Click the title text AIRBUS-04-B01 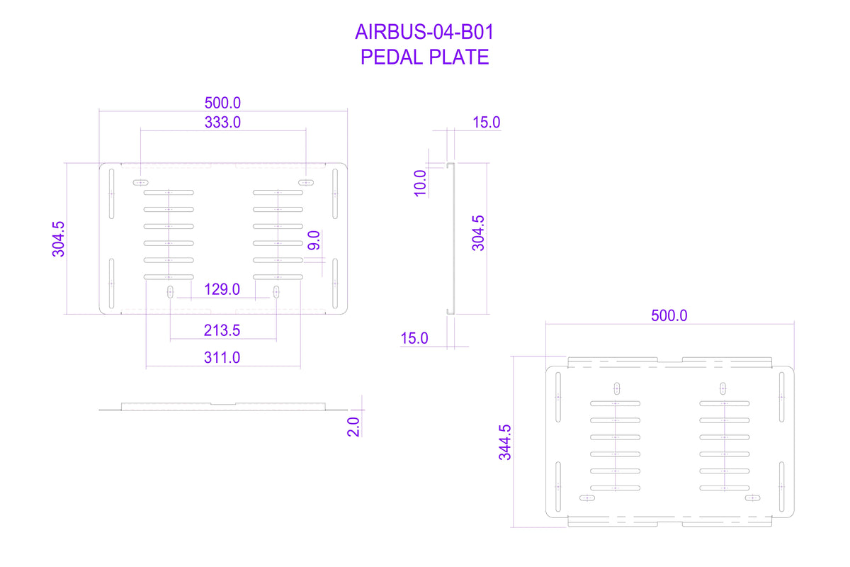[424, 32]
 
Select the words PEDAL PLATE [424, 57]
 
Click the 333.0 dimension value [222, 123]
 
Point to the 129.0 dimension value [222, 289]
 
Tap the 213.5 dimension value [222, 330]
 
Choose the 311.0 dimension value [222, 358]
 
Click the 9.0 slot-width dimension [314, 240]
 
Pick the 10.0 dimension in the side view [420, 183]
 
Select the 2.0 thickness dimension [353, 427]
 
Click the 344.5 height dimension [504, 442]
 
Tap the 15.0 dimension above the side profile [486, 123]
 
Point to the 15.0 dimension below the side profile [414, 338]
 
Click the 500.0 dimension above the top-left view [222, 103]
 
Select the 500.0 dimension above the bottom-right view [669, 315]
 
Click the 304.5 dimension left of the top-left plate [58, 240]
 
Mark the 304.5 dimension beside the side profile [478, 233]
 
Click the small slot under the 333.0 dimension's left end [140, 183]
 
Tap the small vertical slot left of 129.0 [171, 293]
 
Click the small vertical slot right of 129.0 [276, 293]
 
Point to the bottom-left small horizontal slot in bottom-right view [587, 498]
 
